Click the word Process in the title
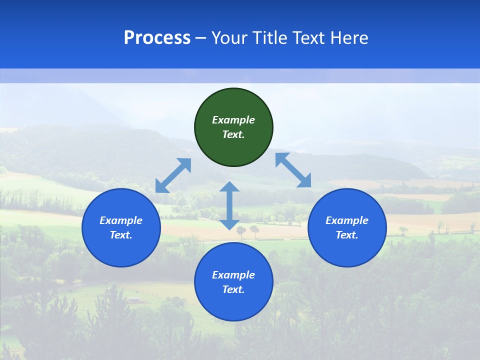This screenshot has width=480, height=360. coord(157,38)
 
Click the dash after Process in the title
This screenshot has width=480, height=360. coord(201,38)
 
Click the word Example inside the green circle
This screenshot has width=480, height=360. coord(233,120)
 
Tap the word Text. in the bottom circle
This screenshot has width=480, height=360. coord(233,289)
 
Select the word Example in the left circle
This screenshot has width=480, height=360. coord(121,220)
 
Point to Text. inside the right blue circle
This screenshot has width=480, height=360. coord(347,235)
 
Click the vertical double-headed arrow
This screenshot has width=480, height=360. coord(229,205)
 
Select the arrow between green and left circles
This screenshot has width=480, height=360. coord(173,175)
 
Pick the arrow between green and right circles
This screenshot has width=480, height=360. coord(293,170)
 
